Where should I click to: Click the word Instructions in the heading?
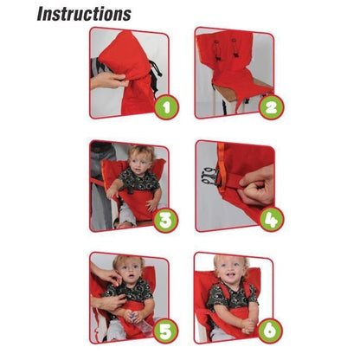tap(84, 13)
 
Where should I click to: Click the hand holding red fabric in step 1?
tap(109, 80)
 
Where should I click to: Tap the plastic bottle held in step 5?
tap(139, 327)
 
